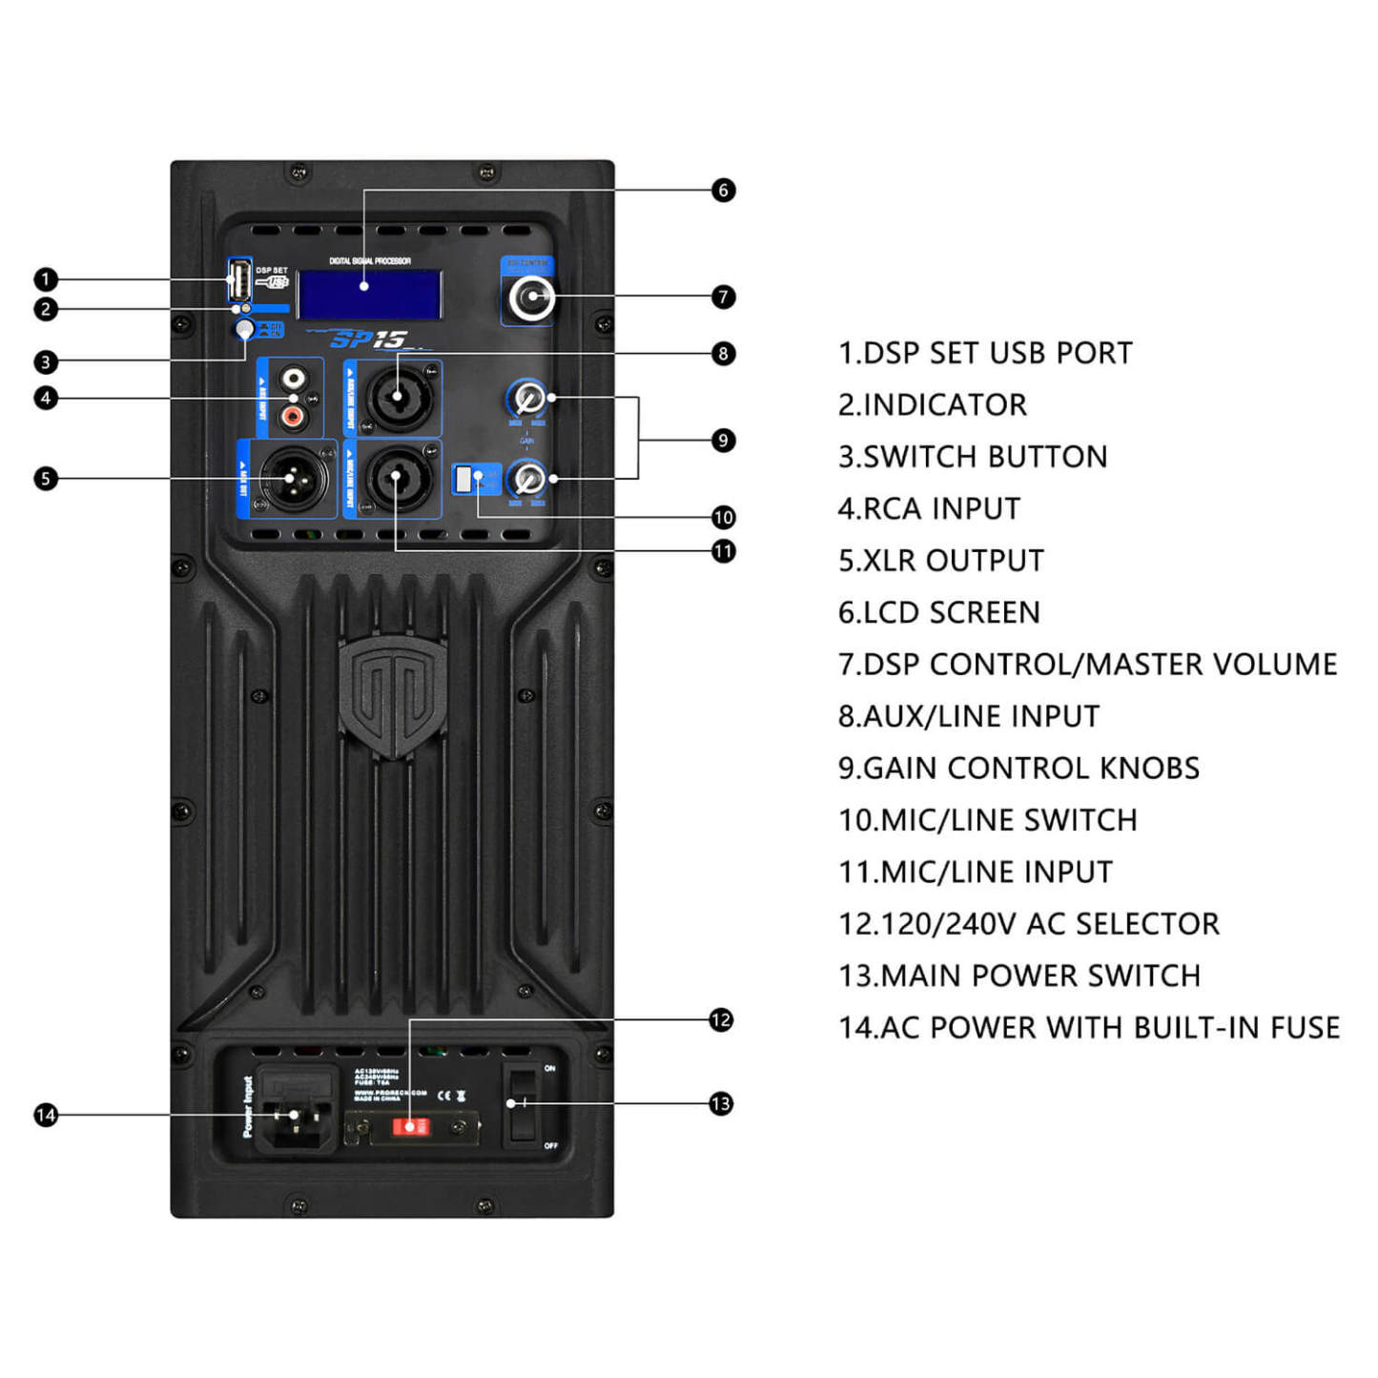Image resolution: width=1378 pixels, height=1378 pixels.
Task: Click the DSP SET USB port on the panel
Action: pos(238,279)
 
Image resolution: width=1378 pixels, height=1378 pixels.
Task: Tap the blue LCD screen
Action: pos(369,294)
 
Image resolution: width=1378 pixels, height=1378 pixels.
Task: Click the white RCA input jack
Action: pos(293,379)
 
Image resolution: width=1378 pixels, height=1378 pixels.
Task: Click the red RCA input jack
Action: pos(293,416)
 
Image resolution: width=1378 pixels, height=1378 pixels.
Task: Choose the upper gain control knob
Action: pos(526,398)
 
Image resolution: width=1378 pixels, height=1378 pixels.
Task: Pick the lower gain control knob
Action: pos(526,478)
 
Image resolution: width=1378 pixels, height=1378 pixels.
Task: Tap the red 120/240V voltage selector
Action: pos(411,1127)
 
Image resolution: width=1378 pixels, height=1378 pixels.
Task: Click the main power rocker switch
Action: pos(521,1104)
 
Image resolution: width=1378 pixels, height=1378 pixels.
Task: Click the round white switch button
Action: pos(245,330)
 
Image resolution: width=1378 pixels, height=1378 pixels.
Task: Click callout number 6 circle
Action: pos(723,191)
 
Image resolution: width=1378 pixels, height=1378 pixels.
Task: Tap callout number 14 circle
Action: pos(46,1115)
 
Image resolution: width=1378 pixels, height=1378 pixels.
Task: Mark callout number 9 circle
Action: pos(723,441)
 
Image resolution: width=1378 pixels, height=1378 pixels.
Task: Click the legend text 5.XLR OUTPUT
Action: pos(940,561)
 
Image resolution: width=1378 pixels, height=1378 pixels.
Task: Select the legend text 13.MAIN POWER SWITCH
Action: pos(1018,976)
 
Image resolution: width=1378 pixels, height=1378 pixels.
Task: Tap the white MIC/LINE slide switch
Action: pos(464,479)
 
